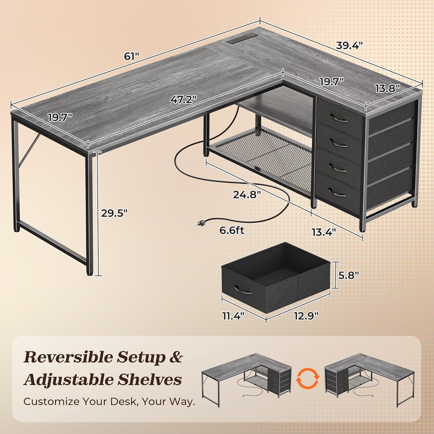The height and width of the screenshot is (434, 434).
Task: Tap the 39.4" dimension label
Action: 349,45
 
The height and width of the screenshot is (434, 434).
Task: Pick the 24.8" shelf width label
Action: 247,194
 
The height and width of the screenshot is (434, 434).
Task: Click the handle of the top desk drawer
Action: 338,118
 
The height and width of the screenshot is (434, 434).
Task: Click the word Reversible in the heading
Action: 69,358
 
